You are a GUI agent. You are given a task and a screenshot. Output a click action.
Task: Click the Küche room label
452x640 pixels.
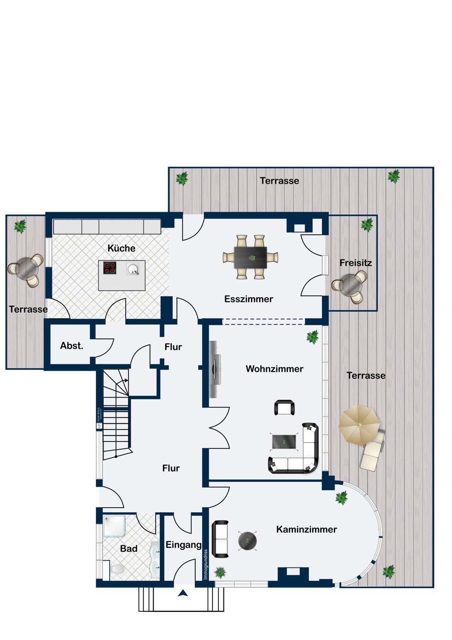(122, 248)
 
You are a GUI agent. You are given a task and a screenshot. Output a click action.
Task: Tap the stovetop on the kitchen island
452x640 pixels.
(110, 268)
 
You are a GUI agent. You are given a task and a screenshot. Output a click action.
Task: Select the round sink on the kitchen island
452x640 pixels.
(133, 269)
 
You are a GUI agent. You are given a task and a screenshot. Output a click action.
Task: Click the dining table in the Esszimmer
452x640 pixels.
(250, 257)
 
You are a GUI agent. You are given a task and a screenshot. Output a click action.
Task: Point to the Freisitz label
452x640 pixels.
(356, 263)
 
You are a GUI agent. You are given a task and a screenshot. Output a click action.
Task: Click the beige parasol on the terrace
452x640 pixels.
(359, 425)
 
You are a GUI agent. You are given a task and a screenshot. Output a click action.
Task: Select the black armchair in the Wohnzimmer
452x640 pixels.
(284, 408)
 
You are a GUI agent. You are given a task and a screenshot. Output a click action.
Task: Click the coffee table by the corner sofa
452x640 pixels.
(284, 442)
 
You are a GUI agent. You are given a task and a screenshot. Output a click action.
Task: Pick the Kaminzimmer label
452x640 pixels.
(307, 529)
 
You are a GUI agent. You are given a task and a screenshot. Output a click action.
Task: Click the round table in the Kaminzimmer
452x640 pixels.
(247, 541)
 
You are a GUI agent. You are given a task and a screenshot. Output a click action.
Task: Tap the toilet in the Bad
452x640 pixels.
(116, 569)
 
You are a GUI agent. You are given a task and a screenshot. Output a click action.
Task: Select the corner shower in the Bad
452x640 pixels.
(114, 526)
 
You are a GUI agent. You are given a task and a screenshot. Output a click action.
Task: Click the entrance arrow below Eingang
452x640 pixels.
(183, 593)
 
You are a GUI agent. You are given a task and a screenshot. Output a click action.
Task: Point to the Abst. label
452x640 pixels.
(72, 346)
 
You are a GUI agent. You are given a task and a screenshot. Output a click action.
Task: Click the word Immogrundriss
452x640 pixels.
(206, 564)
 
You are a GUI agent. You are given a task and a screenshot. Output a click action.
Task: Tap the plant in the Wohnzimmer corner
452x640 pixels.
(313, 337)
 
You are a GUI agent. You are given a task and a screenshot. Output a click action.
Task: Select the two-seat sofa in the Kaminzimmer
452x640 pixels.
(220, 539)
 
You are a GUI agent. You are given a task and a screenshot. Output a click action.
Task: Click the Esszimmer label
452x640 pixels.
(249, 299)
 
